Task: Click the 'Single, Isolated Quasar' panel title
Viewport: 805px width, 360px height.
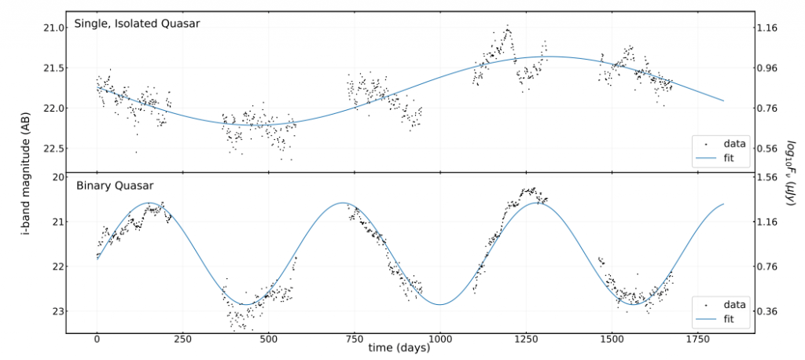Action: (x=137, y=24)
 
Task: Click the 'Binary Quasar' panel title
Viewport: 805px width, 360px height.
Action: (x=114, y=186)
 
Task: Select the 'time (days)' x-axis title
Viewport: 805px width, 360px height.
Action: (x=401, y=347)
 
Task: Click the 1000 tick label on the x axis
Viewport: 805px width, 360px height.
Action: (x=440, y=340)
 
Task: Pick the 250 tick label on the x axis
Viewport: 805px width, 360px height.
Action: (x=183, y=340)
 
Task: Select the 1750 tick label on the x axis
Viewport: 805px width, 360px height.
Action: (x=697, y=340)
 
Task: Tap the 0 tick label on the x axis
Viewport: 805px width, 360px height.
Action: (x=97, y=340)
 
